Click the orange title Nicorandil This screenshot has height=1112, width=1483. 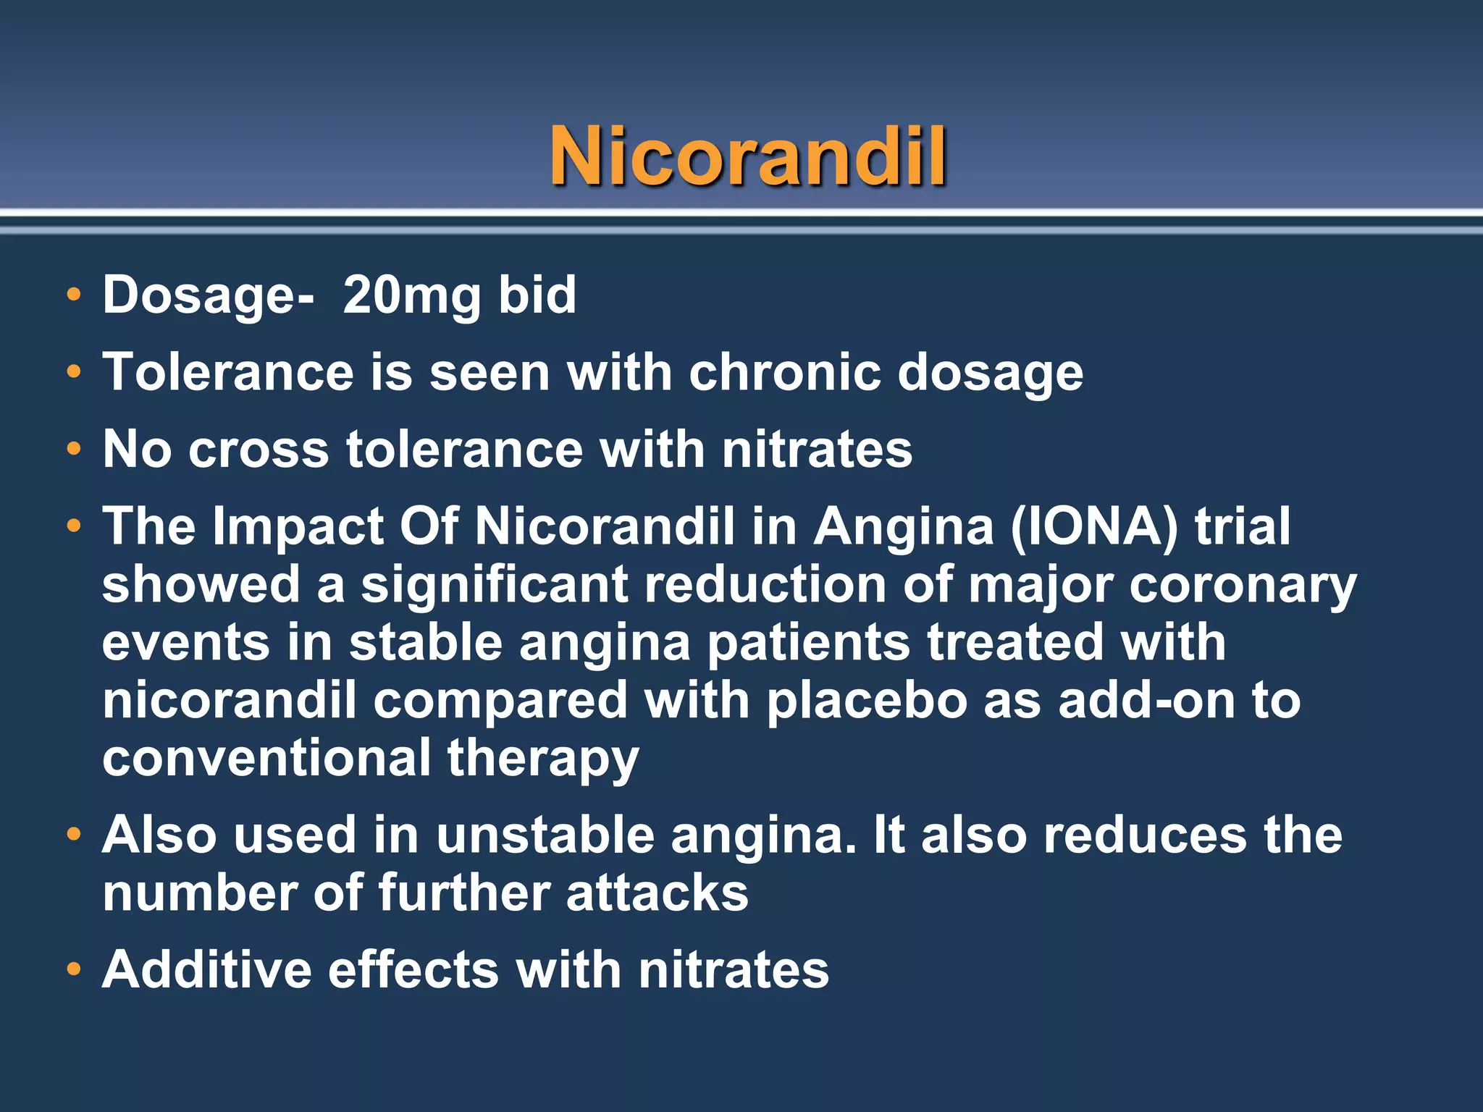tap(748, 156)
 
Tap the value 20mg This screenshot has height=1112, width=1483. tap(411, 296)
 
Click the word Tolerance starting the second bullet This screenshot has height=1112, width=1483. tap(228, 372)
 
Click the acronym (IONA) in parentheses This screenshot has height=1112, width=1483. tap(1094, 526)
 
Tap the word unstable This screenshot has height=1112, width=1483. tap(545, 835)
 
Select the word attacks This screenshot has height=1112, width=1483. tap(658, 893)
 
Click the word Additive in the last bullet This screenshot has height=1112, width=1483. tap(206, 969)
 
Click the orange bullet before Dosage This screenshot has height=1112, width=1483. tap(73, 295)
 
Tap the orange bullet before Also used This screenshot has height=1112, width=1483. tap(73, 835)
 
